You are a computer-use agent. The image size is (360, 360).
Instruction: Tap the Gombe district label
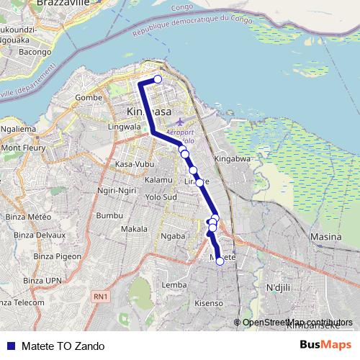[89, 97]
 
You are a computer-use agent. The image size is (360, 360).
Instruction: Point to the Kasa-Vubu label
[135, 164]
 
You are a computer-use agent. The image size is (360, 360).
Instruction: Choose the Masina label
[325, 236]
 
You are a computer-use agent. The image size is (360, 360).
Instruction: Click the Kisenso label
[209, 304]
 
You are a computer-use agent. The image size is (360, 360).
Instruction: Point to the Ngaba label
[174, 235]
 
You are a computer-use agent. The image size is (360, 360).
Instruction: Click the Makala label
[134, 229]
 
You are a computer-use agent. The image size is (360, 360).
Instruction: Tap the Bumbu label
[110, 215]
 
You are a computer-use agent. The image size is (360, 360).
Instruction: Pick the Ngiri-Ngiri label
[117, 191]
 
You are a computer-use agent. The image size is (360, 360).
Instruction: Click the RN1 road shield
[100, 296]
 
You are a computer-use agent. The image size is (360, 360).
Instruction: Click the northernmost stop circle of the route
[158, 80]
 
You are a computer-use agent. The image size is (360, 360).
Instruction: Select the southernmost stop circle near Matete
[220, 261]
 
